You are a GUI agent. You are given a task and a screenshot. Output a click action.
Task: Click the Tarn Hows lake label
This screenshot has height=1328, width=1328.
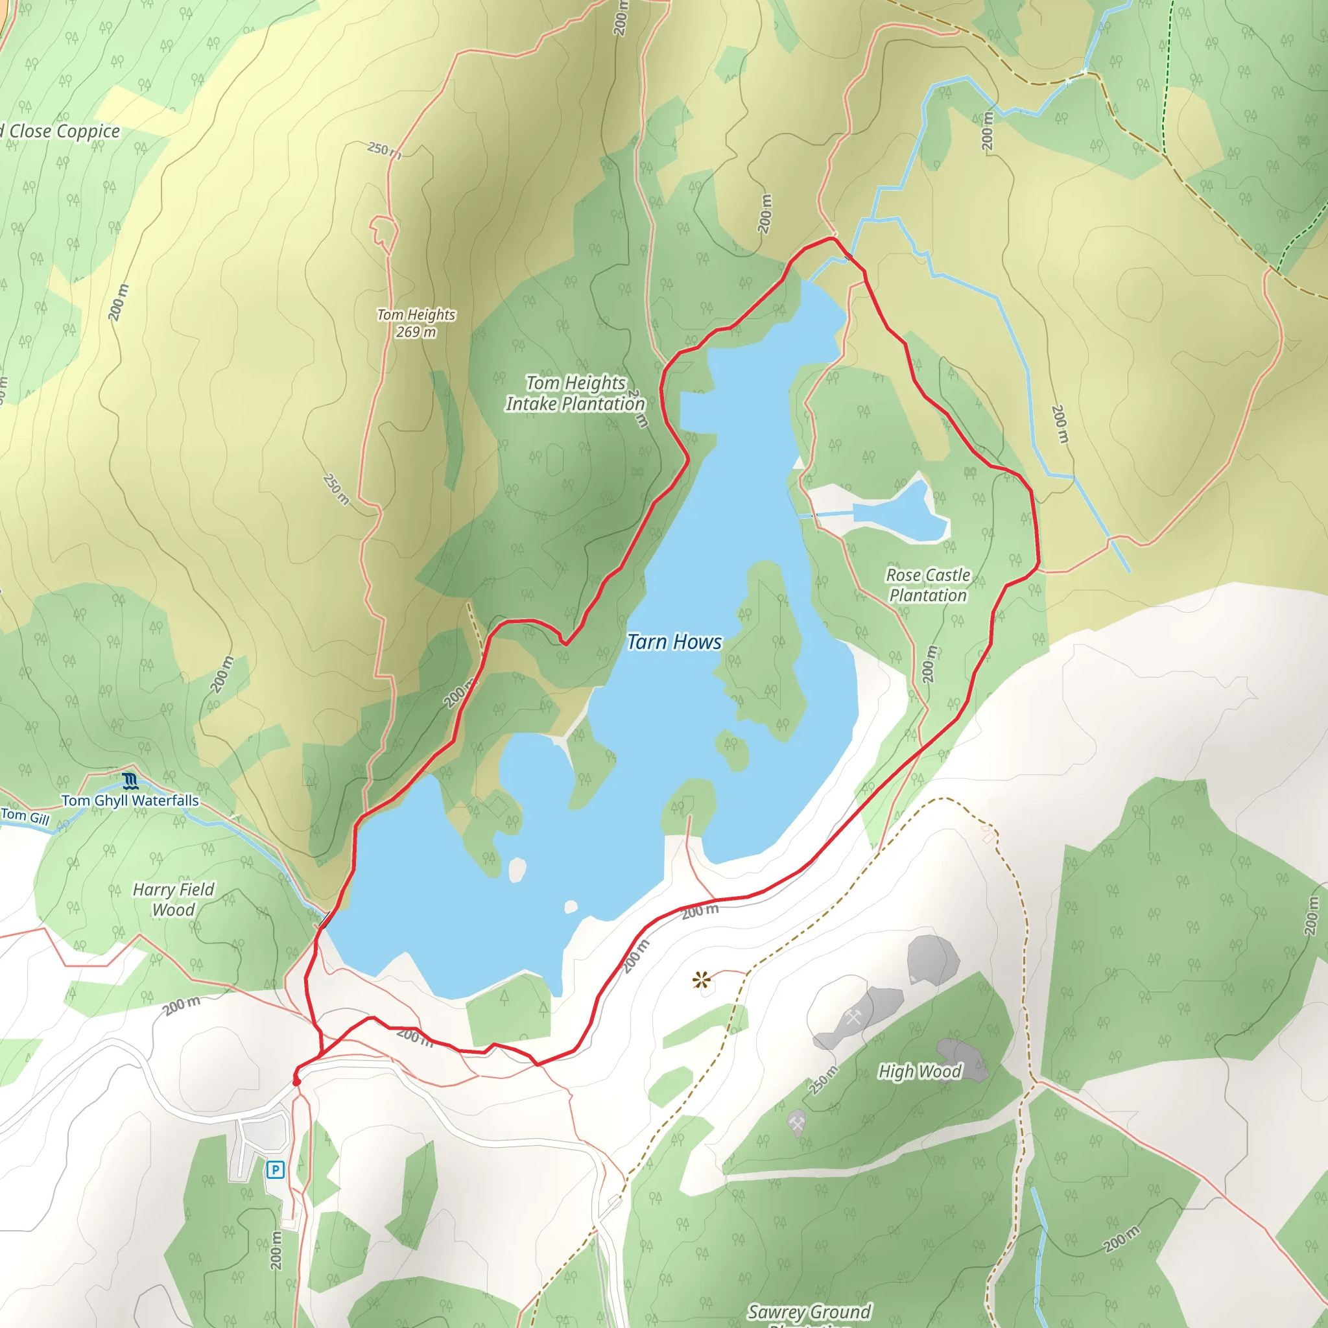[x=674, y=642]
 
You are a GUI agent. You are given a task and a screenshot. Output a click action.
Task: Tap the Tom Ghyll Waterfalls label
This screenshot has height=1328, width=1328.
[x=130, y=801]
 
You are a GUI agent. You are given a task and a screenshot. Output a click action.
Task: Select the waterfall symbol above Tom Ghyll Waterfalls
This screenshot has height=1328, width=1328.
[x=130, y=781]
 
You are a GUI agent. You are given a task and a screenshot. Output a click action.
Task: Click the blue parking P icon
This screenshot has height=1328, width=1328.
[x=276, y=1169]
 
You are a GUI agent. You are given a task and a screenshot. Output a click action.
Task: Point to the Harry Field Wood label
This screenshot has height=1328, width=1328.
[x=173, y=900]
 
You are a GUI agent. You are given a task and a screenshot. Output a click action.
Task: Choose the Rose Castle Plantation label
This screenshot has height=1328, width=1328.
[x=928, y=585]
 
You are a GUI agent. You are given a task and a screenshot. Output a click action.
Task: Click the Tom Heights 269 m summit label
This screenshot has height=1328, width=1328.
[x=416, y=323]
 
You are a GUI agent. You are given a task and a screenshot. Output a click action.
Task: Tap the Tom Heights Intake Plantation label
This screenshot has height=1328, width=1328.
[x=575, y=393]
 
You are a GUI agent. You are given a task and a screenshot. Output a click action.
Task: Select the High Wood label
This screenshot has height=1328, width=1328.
[x=919, y=1072]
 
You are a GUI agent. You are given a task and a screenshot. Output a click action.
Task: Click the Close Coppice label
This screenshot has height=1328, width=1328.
[x=64, y=131]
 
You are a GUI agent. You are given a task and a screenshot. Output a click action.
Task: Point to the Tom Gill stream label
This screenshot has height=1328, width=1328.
[x=25, y=816]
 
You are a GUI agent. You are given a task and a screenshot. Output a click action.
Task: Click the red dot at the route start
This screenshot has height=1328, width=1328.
[x=297, y=1082]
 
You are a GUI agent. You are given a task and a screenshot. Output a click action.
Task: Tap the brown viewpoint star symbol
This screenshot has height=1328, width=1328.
[x=701, y=980]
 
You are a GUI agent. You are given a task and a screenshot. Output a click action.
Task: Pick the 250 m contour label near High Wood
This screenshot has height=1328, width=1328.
[x=823, y=1080]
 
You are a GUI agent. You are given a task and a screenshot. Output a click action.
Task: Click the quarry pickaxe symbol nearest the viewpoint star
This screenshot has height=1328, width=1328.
[x=853, y=1018]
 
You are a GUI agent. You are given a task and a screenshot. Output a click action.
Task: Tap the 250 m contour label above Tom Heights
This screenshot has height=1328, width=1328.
[x=385, y=149]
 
